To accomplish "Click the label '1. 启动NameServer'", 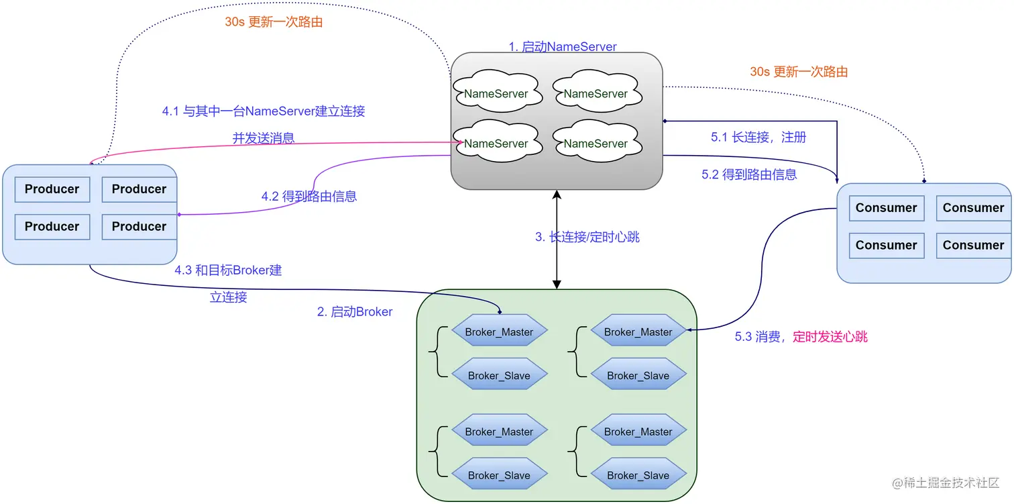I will [x=562, y=47].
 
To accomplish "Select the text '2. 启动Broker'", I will [x=355, y=312].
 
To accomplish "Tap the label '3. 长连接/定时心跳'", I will [x=587, y=237].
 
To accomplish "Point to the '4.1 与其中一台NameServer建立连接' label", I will [x=264, y=111].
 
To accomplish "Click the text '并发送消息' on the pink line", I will [x=264, y=138].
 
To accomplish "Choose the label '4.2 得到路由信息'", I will [x=308, y=197].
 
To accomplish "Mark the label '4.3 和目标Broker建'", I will [x=228, y=270].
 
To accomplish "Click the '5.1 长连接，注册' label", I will [x=758, y=138].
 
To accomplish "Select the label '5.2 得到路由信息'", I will [x=749, y=174].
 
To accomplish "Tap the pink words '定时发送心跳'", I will [x=830, y=337].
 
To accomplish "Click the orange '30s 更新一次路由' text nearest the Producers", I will [x=274, y=22].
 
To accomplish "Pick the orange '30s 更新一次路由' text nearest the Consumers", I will [x=798, y=72].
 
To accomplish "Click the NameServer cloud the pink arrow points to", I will [x=496, y=144].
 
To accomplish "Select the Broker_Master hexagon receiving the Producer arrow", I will [x=499, y=332].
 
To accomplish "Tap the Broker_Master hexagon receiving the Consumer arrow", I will [x=638, y=332].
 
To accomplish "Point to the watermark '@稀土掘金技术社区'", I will [x=946, y=483].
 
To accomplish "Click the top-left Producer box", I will [x=52, y=189].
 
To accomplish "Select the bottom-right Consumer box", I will [x=973, y=246].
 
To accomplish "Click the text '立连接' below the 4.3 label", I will [x=228, y=297].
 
